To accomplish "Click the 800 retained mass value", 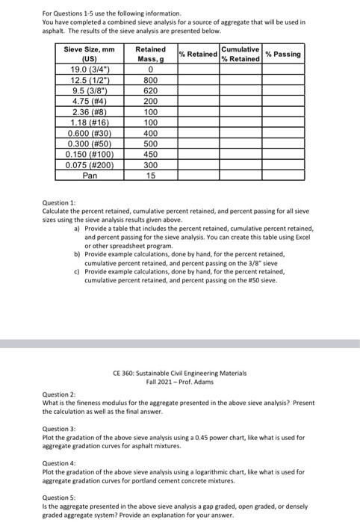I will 151,80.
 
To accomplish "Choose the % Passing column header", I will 284,54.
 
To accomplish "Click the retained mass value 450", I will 151,153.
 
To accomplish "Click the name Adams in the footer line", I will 205,381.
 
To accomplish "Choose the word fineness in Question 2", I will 93,403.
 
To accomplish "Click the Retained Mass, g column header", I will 151,54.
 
